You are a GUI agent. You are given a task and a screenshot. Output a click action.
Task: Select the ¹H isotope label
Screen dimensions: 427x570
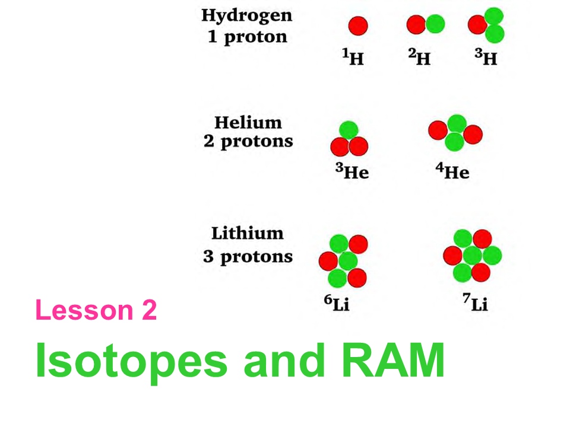[354, 58]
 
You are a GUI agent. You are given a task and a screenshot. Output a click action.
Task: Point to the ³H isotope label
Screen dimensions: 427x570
[486, 58]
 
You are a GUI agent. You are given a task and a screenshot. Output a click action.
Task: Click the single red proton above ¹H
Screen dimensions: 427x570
[358, 26]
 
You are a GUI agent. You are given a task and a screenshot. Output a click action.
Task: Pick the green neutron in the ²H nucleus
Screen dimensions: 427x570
[435, 24]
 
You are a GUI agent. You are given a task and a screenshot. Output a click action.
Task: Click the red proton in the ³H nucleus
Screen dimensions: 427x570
[477, 25]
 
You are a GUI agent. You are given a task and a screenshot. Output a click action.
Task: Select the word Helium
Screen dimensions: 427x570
[248, 123]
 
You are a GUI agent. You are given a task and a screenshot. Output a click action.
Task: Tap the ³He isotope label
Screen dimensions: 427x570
[352, 172]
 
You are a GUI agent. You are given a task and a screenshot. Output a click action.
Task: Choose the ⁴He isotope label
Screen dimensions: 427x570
[452, 172]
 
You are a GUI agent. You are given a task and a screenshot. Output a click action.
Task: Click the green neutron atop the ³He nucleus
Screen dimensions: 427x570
[349, 130]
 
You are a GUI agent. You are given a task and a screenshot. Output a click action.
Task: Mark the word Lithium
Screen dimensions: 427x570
[248, 233]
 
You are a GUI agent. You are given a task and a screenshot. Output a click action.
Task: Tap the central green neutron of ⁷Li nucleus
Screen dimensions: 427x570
[472, 256]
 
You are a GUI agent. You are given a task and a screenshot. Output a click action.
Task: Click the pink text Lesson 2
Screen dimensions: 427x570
[96, 311]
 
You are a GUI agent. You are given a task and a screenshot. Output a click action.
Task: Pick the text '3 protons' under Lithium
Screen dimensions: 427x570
[248, 257]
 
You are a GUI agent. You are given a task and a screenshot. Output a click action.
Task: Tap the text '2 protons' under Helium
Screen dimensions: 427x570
[248, 142]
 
